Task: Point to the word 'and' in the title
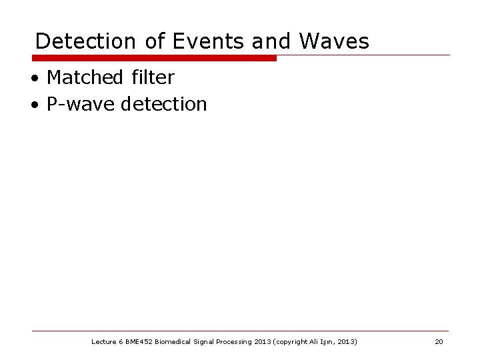pyautogui.click(x=271, y=41)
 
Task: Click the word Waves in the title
pyautogui.click(x=334, y=41)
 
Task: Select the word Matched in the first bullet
pyautogui.click(x=83, y=78)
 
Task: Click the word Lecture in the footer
pyautogui.click(x=103, y=342)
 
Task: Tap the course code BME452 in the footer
pyautogui.click(x=137, y=342)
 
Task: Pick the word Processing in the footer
pyautogui.click(x=236, y=342)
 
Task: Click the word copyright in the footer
pyautogui.click(x=290, y=342)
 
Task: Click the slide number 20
pyautogui.click(x=439, y=342)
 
